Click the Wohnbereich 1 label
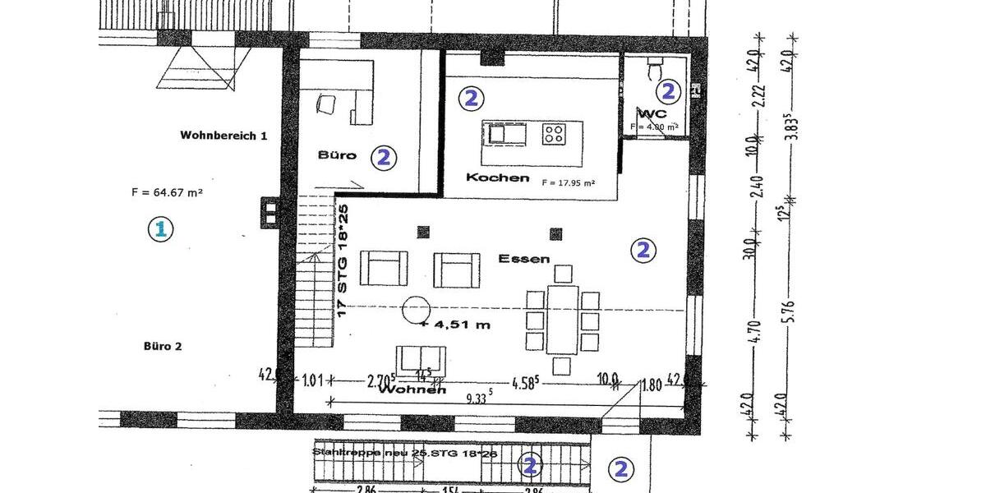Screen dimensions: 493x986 click(223, 136)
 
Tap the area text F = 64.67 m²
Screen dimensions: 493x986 click(167, 193)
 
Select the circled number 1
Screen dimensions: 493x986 click(161, 229)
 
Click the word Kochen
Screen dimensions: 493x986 click(497, 177)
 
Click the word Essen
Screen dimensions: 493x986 click(523, 258)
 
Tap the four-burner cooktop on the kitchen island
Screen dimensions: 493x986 click(553, 131)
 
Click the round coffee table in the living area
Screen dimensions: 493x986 click(416, 310)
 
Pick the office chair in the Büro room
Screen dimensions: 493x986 click(326, 104)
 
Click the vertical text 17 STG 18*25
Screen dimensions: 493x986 click(344, 260)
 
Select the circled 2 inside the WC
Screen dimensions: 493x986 click(669, 91)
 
